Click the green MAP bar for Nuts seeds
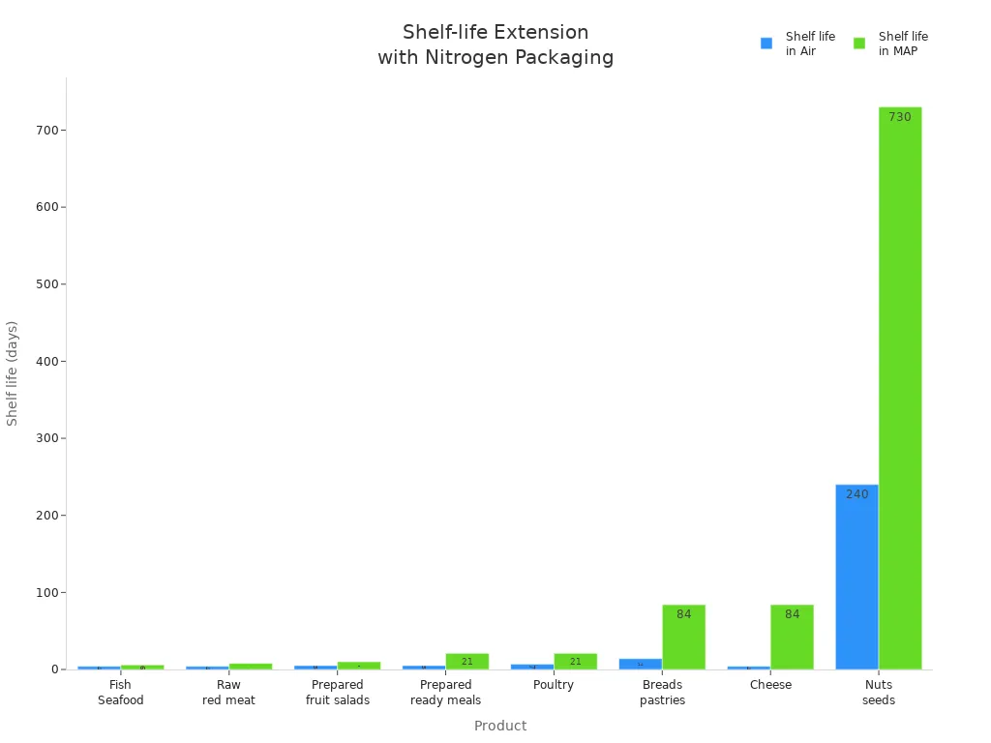pos(900,387)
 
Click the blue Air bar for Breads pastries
pos(641,664)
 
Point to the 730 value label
pos(900,117)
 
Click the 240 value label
pos(857,494)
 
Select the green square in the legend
pos(859,44)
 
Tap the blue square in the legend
pos(766,44)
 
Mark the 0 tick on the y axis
pos(56,669)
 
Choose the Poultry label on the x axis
pos(554,685)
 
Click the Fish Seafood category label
pos(121,693)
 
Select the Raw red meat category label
pos(229,693)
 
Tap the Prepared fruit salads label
pos(338,693)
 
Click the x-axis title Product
pos(500,726)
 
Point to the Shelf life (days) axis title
pos(13,373)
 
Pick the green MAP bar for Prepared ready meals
pos(467,661)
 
